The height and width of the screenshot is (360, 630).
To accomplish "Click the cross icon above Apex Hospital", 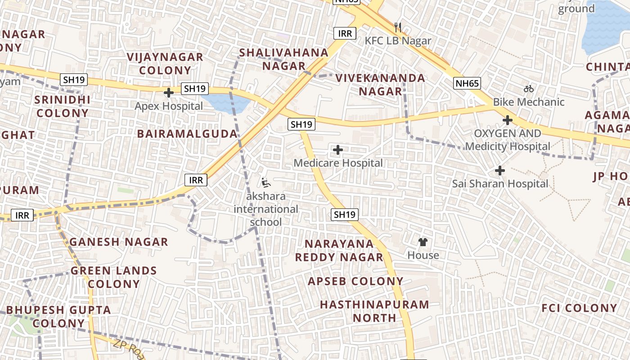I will point(169,93).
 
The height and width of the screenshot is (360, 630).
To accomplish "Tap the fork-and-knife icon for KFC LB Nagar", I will point(398,27).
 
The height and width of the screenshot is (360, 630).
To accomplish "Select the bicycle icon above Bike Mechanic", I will point(529,89).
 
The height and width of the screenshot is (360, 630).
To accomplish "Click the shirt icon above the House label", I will point(423,242).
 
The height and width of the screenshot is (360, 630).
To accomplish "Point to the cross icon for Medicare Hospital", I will point(338,149).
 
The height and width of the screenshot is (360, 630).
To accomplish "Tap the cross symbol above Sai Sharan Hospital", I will point(500,171).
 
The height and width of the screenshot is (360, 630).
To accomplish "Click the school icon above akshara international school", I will point(266,182).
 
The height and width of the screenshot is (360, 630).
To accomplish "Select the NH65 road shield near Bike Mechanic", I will point(468,83).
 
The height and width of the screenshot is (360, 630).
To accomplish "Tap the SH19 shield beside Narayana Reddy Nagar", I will point(345,215).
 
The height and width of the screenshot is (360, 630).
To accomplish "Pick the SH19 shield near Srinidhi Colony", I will point(75,80).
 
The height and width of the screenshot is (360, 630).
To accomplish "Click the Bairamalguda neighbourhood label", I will point(187,134).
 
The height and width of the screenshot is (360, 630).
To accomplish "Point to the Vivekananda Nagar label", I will point(380,85).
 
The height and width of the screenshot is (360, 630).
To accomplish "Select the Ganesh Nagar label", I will point(119,242).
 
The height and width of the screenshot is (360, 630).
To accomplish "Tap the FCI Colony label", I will point(579,308).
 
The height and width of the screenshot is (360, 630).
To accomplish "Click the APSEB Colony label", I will point(355,281).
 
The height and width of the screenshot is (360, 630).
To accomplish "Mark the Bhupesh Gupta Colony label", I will point(58,316).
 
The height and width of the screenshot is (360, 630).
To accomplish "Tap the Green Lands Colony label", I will point(114,277).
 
